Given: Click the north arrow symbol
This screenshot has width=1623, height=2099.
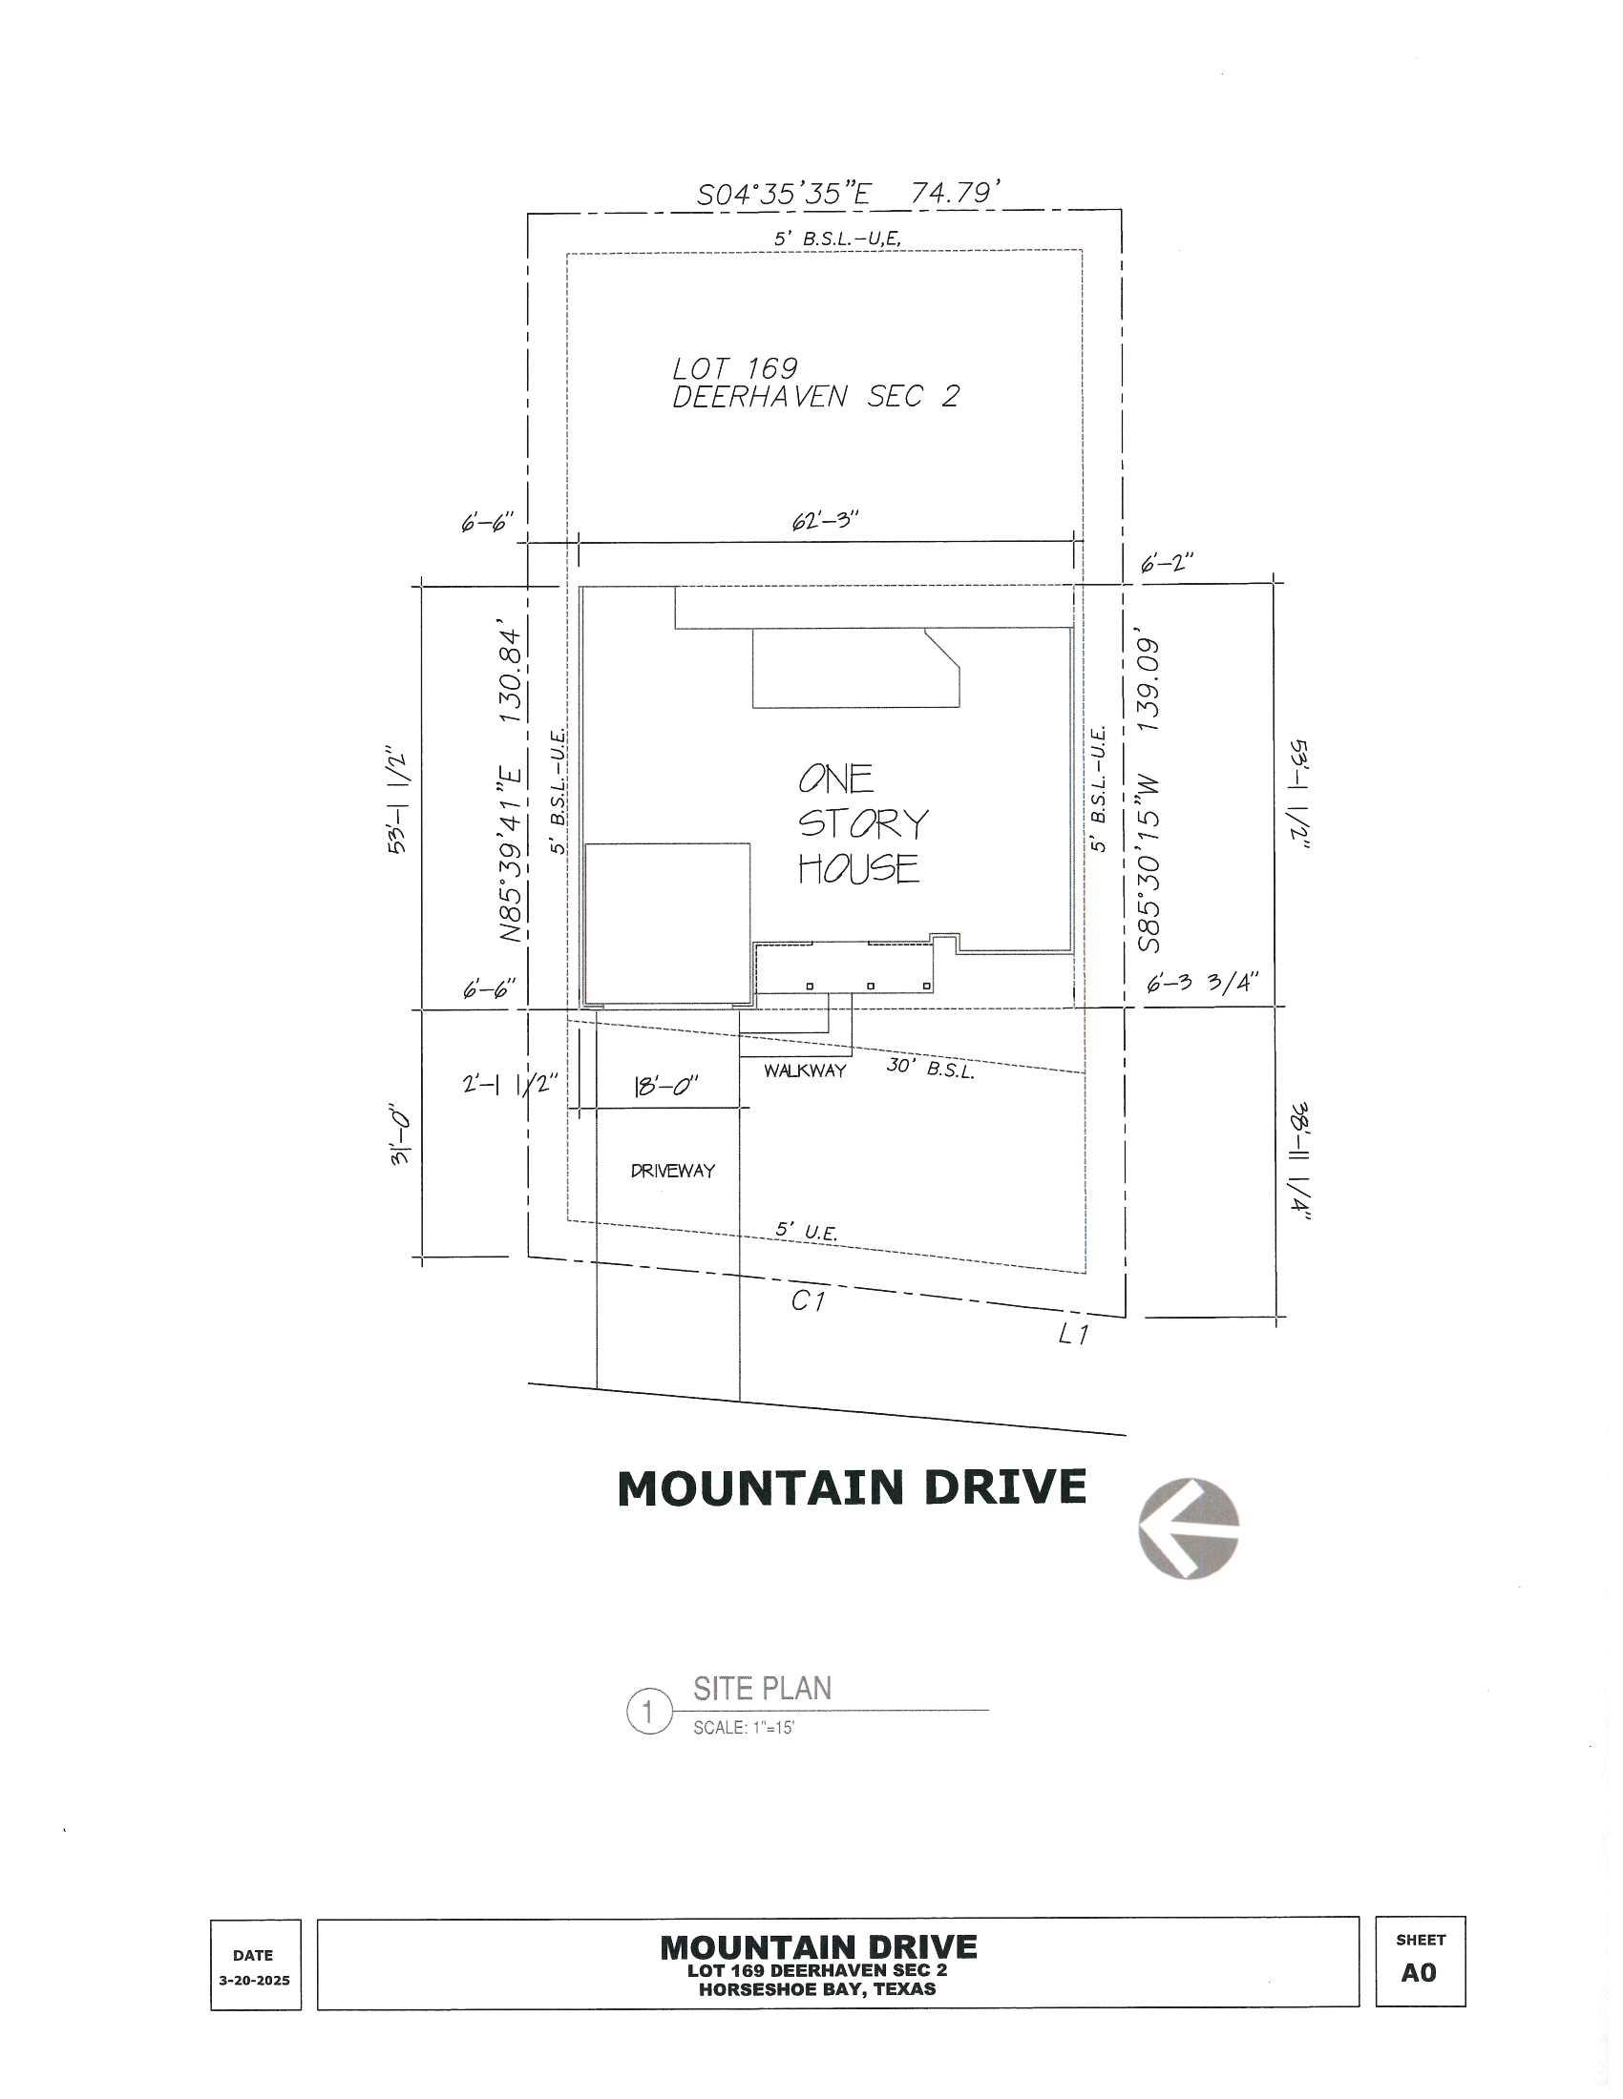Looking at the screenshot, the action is (x=1189, y=1529).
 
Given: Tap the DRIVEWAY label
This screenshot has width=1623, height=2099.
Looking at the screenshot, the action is (x=673, y=1171).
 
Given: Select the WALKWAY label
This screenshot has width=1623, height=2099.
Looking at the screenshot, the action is (x=805, y=1070).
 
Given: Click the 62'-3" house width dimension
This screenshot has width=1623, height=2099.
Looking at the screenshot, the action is (x=825, y=521).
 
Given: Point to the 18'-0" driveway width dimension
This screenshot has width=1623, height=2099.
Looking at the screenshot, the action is (x=665, y=1087).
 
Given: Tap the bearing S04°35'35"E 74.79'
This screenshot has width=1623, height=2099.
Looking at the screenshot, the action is (x=850, y=194).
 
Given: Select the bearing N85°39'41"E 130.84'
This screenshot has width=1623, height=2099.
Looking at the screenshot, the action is (x=510, y=784).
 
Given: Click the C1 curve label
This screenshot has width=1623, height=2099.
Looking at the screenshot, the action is (x=808, y=1301).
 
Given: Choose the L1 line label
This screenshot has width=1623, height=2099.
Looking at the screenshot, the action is (x=1073, y=1334).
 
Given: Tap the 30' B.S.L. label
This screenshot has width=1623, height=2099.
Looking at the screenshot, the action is (x=930, y=1068).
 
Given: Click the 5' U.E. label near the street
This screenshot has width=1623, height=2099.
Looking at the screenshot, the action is (x=806, y=1231).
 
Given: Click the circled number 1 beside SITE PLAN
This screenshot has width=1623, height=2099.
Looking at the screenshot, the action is (x=648, y=1712).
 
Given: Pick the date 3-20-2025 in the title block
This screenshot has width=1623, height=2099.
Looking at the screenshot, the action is (x=254, y=1980).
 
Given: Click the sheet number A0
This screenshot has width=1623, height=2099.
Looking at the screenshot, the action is (x=1418, y=1972).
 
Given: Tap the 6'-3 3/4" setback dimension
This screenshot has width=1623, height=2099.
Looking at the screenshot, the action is (x=1202, y=983).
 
